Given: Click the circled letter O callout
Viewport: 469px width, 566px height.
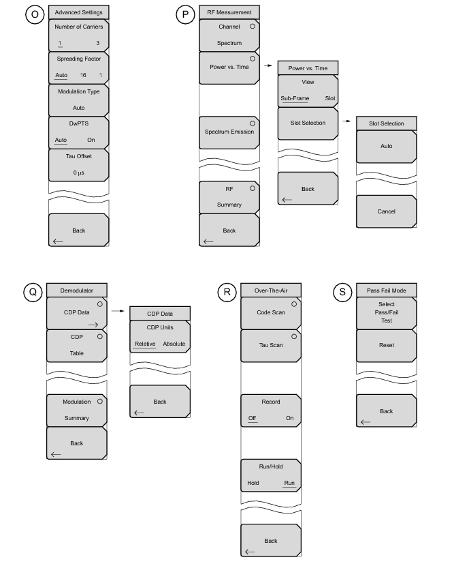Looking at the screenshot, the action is click(35, 14).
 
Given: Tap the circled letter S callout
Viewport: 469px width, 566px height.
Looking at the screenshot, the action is click(342, 292).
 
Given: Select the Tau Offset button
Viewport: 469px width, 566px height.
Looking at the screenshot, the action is click(78, 165).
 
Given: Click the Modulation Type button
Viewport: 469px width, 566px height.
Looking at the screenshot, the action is click(78, 100).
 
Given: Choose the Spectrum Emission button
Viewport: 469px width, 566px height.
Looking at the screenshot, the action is click(229, 132).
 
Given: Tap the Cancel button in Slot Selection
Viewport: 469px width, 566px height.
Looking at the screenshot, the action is click(386, 211).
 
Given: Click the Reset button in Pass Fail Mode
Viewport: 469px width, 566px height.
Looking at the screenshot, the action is click(386, 346).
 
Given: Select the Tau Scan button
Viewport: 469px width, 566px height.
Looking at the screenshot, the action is click(271, 346).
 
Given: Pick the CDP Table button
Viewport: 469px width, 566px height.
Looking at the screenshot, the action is click(77, 346).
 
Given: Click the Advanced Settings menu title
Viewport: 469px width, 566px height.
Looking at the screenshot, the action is click(78, 12).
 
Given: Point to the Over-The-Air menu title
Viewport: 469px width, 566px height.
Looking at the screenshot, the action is click(271, 291).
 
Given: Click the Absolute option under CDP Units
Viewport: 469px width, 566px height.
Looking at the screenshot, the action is click(174, 344).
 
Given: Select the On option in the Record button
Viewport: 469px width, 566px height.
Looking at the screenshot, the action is click(289, 418).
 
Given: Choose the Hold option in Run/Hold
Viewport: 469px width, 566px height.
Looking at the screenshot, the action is click(253, 483).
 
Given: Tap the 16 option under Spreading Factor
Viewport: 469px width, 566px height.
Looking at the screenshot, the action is click(83, 75).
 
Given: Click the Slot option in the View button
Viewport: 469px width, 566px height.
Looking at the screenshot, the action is click(330, 98).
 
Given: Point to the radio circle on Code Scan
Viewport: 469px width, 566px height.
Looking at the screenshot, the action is click(294, 304).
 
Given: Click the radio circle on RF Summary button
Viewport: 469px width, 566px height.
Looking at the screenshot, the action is click(252, 188).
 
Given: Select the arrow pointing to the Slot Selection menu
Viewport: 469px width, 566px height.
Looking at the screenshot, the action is click(346, 121).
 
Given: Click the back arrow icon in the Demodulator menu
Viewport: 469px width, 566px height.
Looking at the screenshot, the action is click(56, 454).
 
